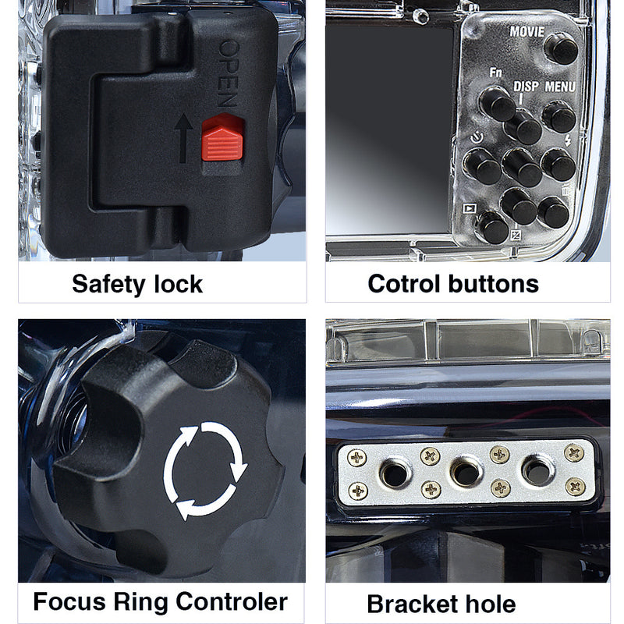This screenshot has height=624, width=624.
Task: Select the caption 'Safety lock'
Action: click(137, 283)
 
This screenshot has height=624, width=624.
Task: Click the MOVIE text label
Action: click(527, 32)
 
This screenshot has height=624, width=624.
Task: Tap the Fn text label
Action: click(495, 73)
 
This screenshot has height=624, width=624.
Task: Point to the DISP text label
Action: click(526, 87)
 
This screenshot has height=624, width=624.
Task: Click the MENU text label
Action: click(561, 87)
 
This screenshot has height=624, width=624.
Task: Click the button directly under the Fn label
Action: click(496, 102)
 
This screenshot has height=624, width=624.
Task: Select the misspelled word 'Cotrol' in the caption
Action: click(405, 283)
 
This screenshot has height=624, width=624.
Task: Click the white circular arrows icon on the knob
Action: click(205, 470)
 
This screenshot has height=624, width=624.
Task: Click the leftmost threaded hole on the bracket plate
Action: click(395, 471)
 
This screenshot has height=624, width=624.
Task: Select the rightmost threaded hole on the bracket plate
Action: click(537, 470)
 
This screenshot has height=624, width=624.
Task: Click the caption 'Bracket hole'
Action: click(441, 604)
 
